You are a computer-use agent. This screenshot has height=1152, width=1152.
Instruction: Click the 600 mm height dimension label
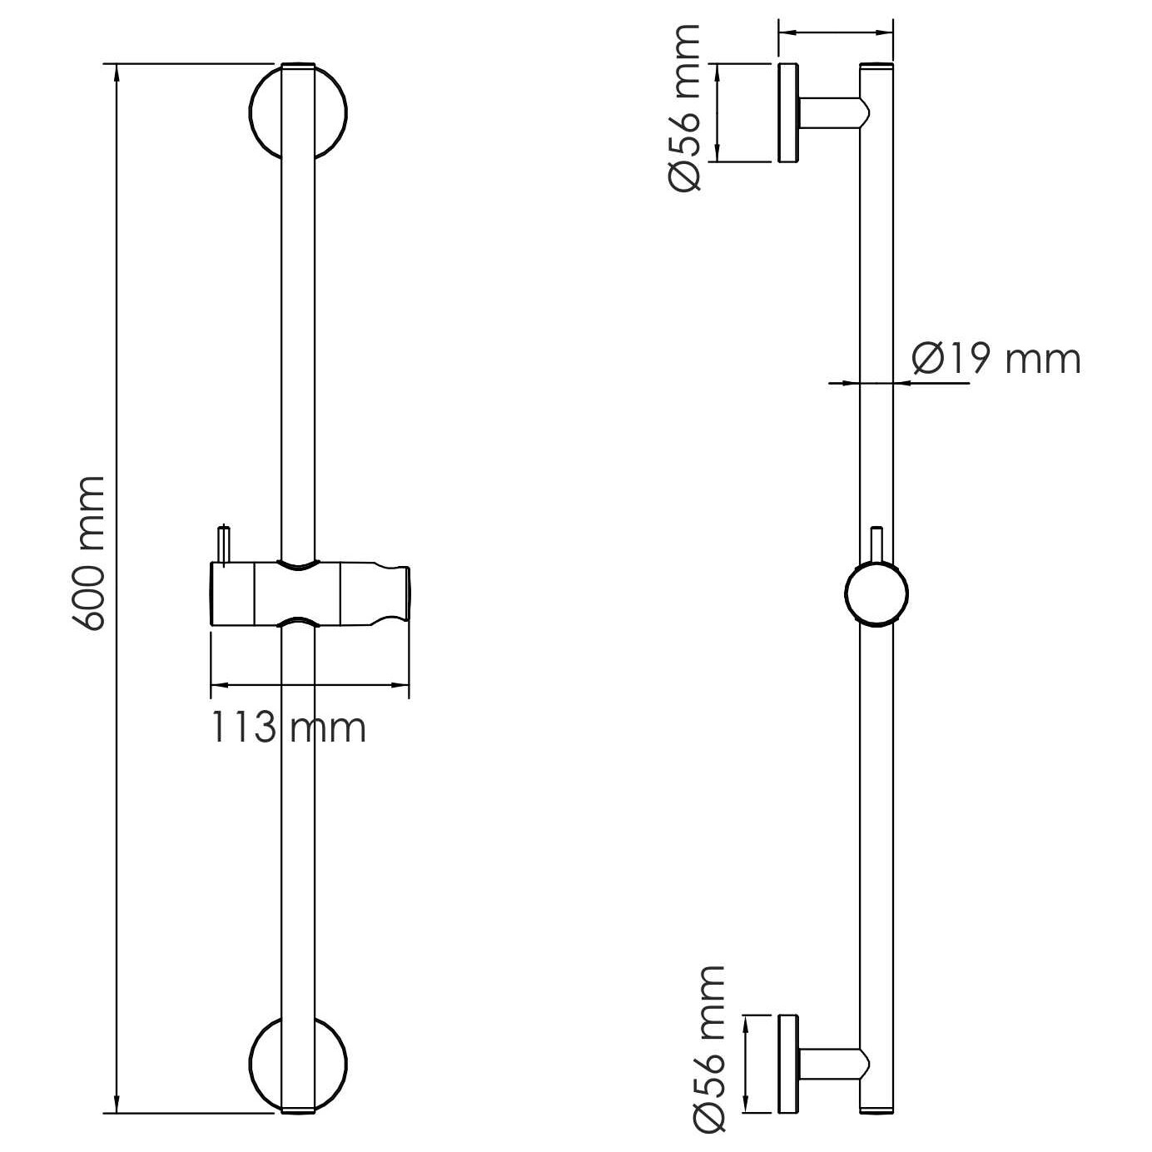click(90, 554)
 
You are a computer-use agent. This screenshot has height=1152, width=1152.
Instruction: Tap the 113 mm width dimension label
click(288, 727)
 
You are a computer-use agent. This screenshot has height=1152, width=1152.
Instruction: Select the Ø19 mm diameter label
click(996, 359)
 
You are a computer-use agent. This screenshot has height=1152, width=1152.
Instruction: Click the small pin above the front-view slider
click(224, 545)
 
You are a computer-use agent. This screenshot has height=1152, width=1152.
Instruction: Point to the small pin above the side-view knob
click(876, 544)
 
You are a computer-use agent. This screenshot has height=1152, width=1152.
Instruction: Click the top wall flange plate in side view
click(788, 112)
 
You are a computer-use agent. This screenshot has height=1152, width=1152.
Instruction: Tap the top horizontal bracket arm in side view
click(832, 112)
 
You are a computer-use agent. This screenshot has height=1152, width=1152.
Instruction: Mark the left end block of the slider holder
click(232, 593)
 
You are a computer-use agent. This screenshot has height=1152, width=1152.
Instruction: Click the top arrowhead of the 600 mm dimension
click(116, 72)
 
